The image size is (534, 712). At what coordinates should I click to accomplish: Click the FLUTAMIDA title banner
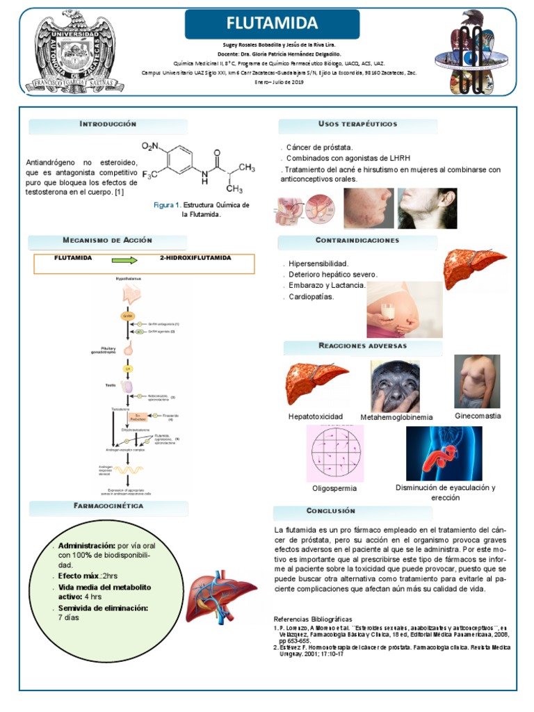(272, 24)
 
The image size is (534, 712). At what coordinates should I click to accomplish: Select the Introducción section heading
(108, 124)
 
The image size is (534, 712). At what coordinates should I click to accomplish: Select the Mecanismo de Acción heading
(107, 241)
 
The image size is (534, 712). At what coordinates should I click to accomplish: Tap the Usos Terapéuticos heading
(357, 124)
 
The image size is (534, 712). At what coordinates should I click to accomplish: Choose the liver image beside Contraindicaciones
(475, 268)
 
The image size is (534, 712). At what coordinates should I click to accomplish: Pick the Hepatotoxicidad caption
(315, 416)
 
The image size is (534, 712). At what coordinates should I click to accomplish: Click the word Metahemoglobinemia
(396, 417)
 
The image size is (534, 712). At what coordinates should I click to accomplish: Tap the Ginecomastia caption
(478, 416)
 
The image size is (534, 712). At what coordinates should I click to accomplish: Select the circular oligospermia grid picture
(335, 453)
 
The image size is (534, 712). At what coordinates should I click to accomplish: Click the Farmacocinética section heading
(108, 506)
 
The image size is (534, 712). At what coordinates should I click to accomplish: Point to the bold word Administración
(87, 545)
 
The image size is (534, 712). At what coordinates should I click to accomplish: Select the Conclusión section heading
(330, 511)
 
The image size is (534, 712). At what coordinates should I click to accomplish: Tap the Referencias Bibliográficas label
(313, 619)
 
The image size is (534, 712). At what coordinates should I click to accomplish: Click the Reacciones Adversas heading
(362, 346)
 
